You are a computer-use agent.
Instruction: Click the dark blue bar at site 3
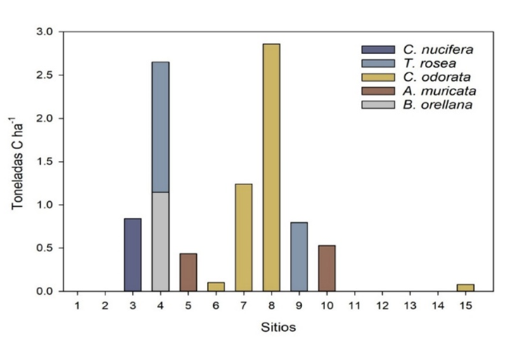point(132,255)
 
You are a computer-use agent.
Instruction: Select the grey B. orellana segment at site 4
point(160,241)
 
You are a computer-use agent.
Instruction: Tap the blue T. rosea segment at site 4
point(160,127)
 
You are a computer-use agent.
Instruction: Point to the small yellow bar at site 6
point(216,286)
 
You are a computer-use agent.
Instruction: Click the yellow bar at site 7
point(243,237)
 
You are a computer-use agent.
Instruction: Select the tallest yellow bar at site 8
point(271,167)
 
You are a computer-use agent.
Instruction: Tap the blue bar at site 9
point(298,257)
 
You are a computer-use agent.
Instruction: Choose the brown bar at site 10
point(326,268)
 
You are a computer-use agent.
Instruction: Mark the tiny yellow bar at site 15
point(465,287)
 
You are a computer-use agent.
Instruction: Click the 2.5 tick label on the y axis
point(45,75)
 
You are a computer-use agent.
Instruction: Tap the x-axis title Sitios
point(271,326)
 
